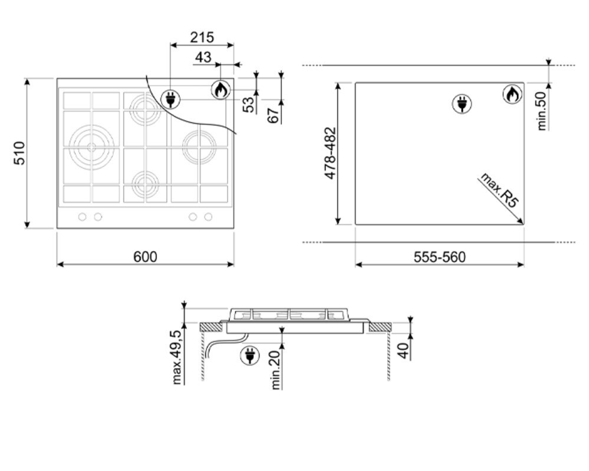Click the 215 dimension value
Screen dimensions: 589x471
[202, 38]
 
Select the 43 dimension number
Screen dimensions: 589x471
[203, 57]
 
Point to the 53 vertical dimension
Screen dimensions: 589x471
[249, 104]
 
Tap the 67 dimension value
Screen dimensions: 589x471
[274, 115]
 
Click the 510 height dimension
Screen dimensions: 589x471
[19, 153]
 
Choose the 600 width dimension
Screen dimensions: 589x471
[146, 257]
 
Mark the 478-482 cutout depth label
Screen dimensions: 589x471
[330, 154]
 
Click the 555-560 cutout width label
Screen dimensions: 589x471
[439, 257]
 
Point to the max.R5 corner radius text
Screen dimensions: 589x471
[499, 190]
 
